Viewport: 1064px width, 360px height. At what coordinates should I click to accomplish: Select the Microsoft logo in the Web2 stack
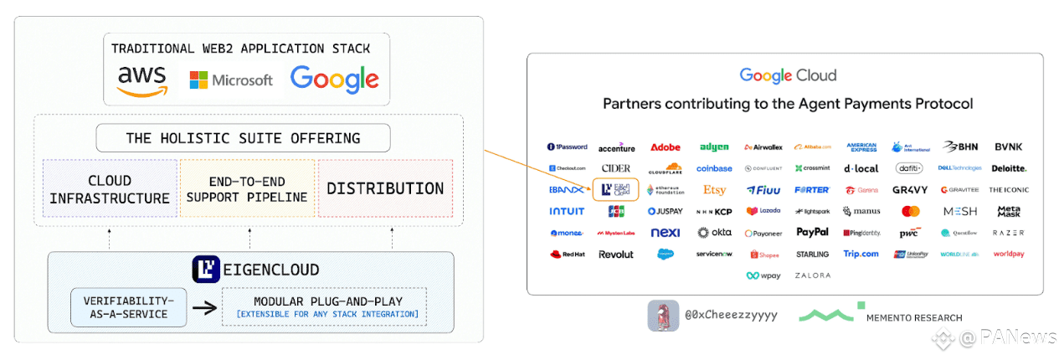tap(231, 80)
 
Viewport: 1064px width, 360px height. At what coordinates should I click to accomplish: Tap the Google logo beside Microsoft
tap(334, 80)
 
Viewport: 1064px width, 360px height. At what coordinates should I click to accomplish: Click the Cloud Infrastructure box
tap(110, 189)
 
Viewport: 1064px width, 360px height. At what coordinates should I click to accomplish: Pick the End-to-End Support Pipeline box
tap(247, 189)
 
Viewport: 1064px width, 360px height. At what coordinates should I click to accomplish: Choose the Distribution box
tap(385, 189)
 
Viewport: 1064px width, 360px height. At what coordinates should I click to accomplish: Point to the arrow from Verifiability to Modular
tap(203, 307)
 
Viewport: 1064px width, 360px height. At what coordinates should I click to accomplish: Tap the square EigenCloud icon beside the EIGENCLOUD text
tap(205, 269)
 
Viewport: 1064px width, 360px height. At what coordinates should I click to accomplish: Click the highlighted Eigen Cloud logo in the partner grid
tap(615, 190)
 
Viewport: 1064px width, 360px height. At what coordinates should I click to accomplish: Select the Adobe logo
tap(666, 147)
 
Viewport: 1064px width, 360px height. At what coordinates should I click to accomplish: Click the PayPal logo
tap(812, 233)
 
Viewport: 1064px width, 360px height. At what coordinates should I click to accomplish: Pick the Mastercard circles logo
tap(911, 212)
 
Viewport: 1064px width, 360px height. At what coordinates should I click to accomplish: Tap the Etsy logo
tap(714, 190)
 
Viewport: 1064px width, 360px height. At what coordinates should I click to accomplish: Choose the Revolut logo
tap(616, 255)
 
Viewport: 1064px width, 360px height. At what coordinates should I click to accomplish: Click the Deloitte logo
tap(1009, 168)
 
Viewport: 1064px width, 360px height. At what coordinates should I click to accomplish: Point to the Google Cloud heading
tap(788, 76)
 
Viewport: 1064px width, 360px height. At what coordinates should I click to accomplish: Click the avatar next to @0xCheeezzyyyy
tap(663, 316)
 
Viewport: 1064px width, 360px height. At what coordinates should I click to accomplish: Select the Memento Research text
tap(914, 318)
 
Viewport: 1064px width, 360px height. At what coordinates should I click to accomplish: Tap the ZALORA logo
tap(813, 275)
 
